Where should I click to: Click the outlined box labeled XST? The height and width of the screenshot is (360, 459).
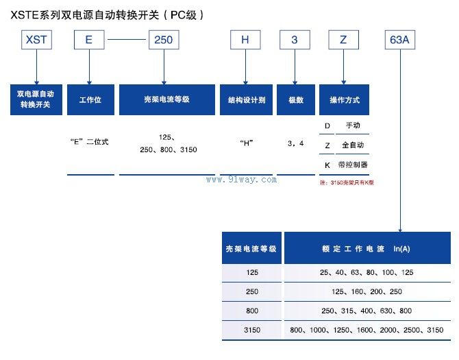36,40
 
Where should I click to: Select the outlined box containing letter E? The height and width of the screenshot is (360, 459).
88,40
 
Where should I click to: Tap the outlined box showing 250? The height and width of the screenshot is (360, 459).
163,40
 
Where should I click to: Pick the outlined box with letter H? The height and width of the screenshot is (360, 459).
245,40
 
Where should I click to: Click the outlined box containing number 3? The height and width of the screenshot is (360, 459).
295,40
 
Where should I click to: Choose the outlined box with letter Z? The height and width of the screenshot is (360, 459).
344,40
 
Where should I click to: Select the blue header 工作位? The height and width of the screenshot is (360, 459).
90,100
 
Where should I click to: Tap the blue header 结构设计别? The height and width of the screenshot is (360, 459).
246,100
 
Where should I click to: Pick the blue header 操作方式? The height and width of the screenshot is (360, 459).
344,100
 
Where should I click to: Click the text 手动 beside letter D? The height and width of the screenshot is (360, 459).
353,125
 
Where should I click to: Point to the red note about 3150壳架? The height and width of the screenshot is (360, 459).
347,182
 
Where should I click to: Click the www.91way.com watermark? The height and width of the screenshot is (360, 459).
241,180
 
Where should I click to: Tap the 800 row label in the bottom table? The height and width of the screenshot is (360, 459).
251,311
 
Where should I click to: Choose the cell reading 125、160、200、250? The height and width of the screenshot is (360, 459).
367,291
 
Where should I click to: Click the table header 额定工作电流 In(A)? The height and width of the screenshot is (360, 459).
367,248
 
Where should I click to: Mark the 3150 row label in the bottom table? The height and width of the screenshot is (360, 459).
251,330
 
